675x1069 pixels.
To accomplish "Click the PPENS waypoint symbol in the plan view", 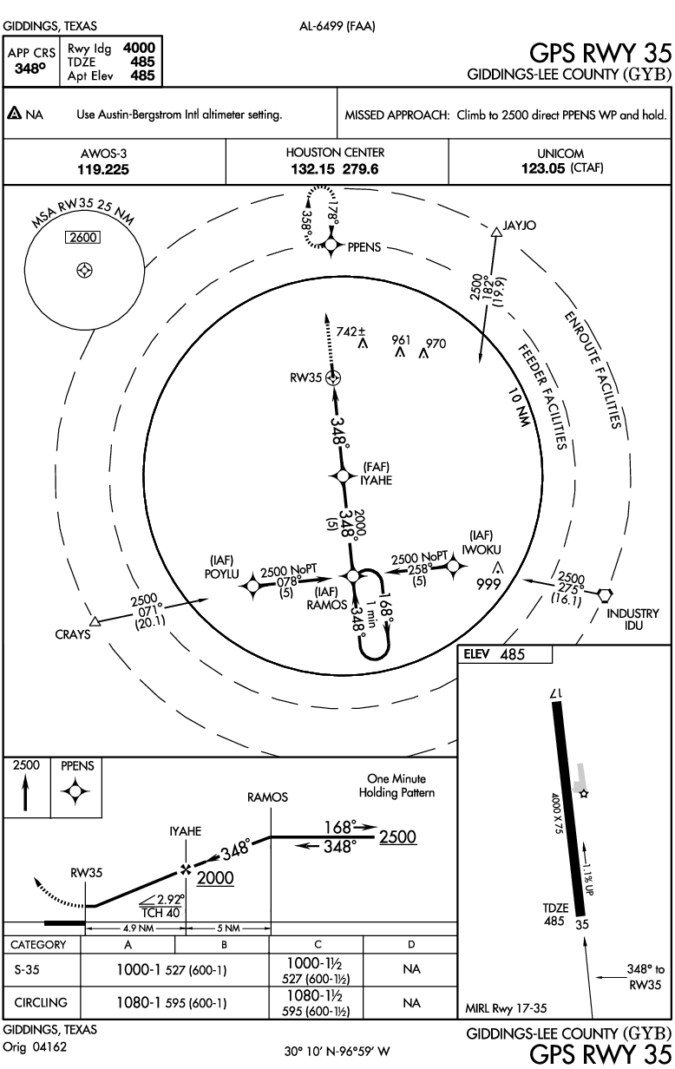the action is point(331,246).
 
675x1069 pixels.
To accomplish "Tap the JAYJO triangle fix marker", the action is point(496,232).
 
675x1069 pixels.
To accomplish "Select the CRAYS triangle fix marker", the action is point(95,621).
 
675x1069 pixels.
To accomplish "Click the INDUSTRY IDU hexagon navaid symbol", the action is point(605,594).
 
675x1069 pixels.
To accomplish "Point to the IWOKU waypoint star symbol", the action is point(453,567).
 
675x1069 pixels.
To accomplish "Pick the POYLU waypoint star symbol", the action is point(252,585).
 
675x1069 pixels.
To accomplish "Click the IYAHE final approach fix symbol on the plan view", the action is point(343,475).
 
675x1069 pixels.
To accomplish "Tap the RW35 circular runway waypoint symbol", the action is point(333,378).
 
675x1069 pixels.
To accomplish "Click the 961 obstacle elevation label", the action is point(401,340).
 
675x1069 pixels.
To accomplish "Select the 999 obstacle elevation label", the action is point(488,584).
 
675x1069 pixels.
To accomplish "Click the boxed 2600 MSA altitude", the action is point(83,237).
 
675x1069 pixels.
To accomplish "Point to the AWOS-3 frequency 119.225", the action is point(103,169).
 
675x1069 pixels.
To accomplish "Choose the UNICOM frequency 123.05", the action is point(543,168).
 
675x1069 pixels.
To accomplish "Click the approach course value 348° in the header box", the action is point(30,69).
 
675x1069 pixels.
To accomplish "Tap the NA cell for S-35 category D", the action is point(411,969).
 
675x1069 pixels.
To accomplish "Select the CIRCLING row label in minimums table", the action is point(41,1002).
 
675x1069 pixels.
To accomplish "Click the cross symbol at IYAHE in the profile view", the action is point(186,870).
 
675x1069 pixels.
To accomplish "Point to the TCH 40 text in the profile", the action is point(161,913).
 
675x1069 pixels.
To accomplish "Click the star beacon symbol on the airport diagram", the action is point(585,794).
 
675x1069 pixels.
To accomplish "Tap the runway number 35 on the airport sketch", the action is point(582,925).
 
